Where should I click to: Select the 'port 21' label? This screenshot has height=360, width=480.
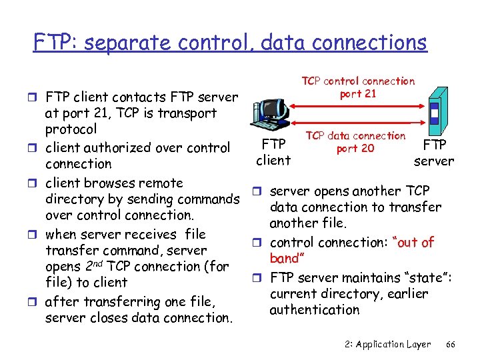click(358, 94)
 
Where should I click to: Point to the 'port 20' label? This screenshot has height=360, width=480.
click(355, 149)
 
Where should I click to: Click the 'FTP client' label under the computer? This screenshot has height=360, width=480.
click(273, 152)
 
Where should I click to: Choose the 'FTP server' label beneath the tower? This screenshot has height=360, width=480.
click(433, 152)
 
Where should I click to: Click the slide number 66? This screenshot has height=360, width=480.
click(450, 344)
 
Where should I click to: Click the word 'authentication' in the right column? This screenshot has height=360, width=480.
click(314, 310)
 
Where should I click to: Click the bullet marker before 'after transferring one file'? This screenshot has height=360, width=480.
click(36, 302)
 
